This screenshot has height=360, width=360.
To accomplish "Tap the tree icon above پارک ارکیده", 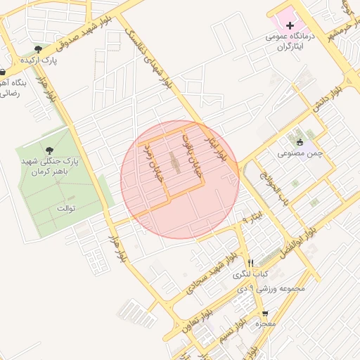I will tap(38, 49).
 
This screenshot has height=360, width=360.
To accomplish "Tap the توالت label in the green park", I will tap(65, 209).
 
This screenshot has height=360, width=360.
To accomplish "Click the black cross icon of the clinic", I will tap(289, 25).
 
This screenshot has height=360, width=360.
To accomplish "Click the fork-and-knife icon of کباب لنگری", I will tap(250, 262).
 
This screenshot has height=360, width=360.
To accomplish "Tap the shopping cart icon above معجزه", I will tap(265, 314).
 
